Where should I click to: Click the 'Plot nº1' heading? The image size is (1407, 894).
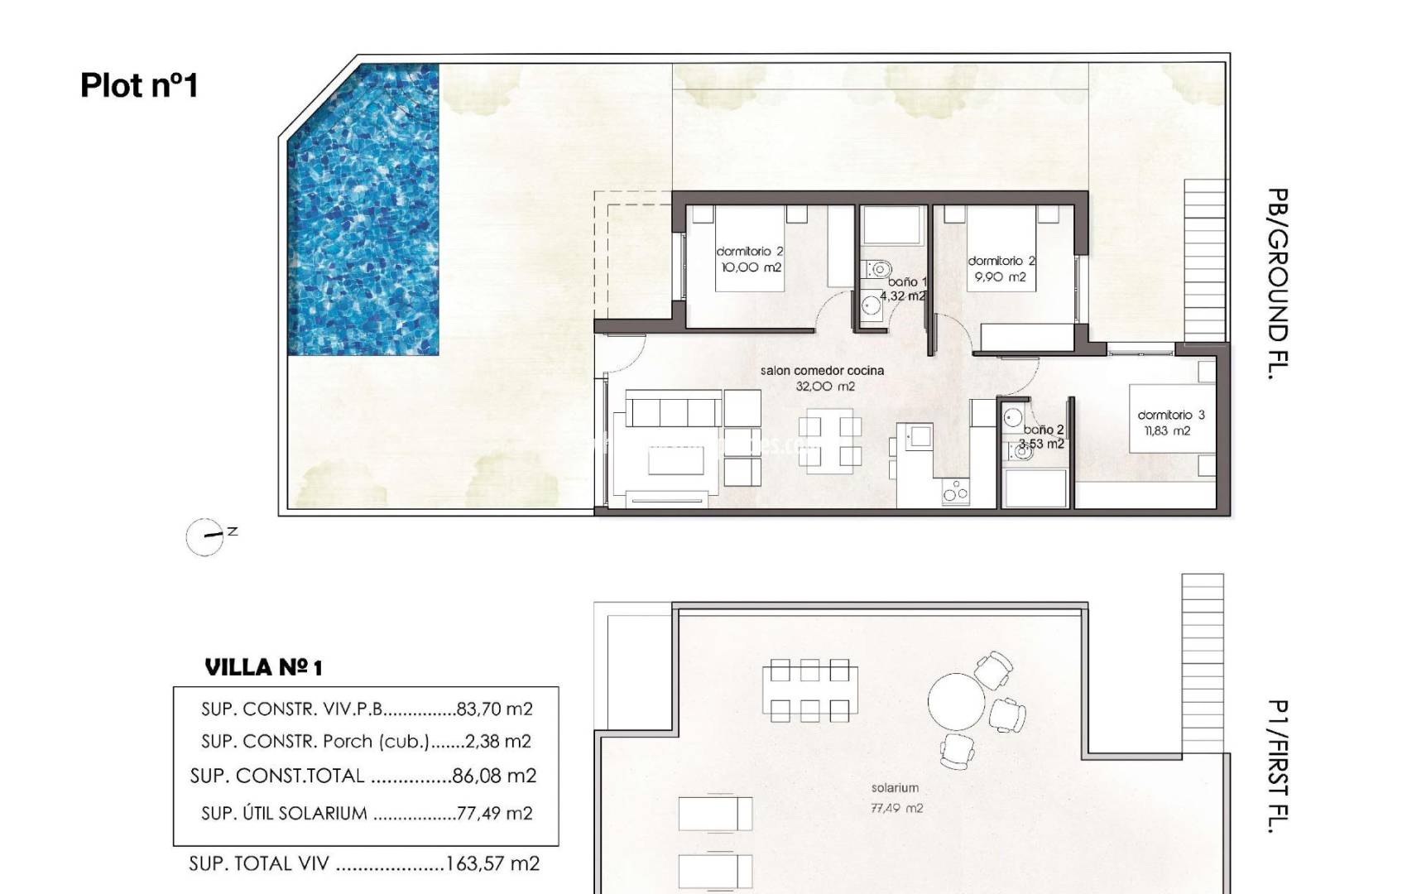point(139,86)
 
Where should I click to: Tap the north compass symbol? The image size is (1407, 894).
point(205,537)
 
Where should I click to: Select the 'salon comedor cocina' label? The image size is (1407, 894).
point(822,371)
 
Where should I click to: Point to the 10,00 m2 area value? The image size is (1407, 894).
point(750,267)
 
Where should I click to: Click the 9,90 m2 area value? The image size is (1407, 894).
point(1000,277)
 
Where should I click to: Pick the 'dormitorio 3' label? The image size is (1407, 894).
point(1170,415)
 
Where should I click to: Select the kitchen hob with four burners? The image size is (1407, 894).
point(956,492)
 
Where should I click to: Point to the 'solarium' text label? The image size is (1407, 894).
point(895,788)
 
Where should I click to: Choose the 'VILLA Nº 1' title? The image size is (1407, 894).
point(263,667)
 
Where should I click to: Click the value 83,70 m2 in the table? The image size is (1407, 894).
point(494,709)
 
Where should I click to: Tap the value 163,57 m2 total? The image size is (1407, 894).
point(492,864)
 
